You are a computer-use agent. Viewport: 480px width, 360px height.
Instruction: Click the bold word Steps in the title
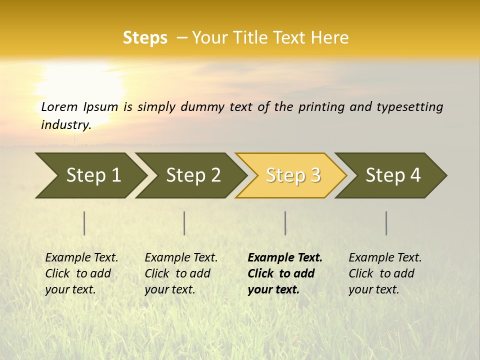[145, 38]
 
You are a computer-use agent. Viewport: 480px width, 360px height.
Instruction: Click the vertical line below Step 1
[84, 223]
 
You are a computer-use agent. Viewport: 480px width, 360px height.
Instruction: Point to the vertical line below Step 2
[184, 223]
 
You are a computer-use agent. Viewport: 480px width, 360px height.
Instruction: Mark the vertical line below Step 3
[285, 223]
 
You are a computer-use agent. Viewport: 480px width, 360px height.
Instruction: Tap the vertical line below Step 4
[386, 223]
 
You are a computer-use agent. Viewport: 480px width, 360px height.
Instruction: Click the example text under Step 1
[81, 273]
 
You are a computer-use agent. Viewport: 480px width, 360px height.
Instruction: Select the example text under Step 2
[180, 273]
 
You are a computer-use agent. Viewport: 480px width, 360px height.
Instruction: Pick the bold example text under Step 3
[284, 273]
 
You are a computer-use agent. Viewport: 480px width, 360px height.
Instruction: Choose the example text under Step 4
[384, 273]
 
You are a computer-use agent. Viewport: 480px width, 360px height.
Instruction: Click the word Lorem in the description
[59, 107]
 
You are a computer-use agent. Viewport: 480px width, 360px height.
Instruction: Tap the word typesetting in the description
[409, 107]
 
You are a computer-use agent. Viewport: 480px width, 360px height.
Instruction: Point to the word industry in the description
[65, 125]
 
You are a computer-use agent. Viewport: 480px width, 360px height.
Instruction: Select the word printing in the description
[319, 107]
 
